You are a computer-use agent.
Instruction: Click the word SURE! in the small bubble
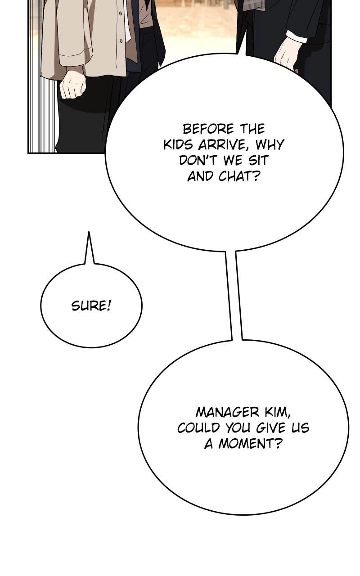tap(91, 306)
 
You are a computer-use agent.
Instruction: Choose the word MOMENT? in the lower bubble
tap(249, 444)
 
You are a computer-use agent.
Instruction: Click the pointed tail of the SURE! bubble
tap(89, 231)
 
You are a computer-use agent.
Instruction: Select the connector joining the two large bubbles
tap(234, 296)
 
